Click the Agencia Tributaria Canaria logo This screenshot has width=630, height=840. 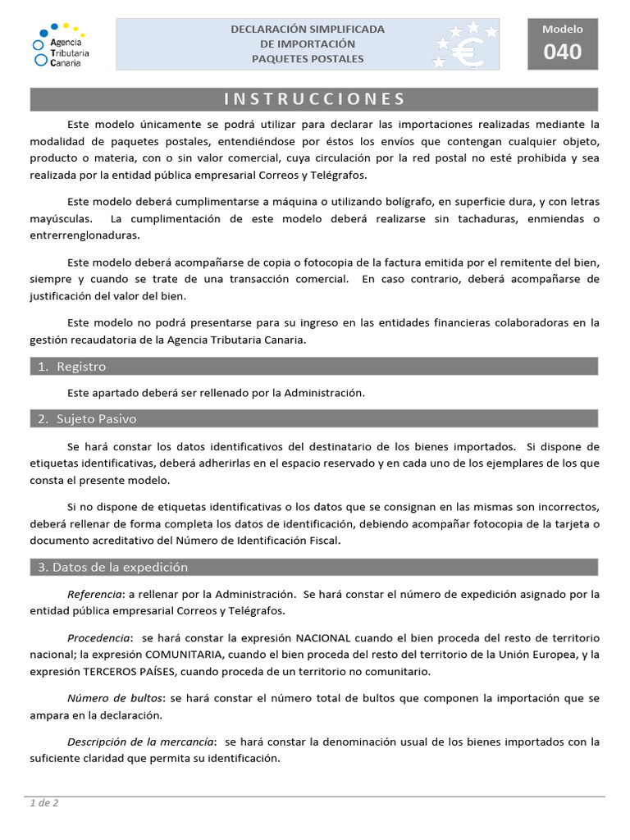pos(62,44)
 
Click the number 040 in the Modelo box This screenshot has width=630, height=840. pos(562,52)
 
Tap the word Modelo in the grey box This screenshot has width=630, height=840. pos(562,30)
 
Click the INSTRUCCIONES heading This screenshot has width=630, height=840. pos(315,99)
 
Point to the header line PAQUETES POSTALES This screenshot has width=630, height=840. pos(308,59)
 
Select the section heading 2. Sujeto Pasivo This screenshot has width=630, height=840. pos(87,419)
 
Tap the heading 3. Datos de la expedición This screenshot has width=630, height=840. pos(112,567)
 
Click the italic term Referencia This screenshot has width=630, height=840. pos(93,594)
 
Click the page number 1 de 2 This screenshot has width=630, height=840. pos(44,803)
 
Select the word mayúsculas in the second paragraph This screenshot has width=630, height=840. pos(61,219)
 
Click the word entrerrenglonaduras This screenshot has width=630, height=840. pos(85,235)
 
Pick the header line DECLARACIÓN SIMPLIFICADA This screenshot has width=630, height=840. pos(308,29)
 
